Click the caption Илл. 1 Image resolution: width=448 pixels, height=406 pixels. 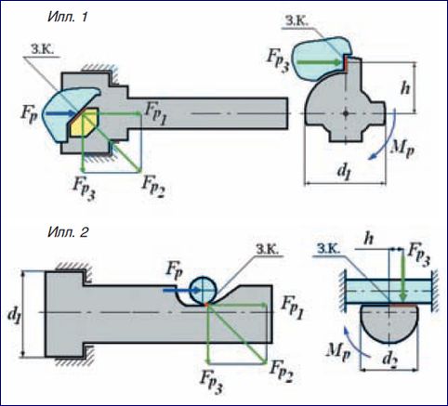[x=68, y=17]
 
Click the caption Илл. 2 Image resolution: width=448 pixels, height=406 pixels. [x=68, y=231]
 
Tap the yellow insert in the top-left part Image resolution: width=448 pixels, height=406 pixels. [x=84, y=123]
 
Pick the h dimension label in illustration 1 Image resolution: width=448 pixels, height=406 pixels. [x=404, y=88]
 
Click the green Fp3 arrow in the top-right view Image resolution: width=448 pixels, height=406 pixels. [x=322, y=62]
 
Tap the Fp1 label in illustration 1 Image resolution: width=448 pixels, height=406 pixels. [x=156, y=114]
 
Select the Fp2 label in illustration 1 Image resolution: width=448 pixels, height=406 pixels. [x=153, y=188]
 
